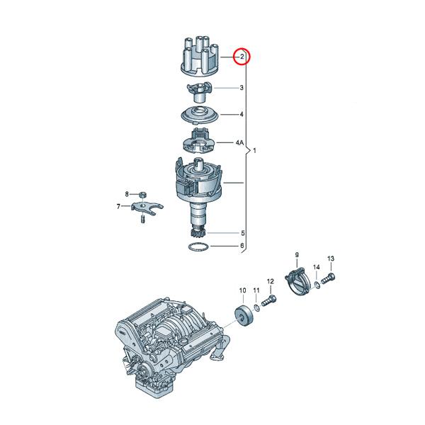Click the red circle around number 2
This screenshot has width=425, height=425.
pos(241,56)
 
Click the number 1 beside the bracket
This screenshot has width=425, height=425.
pos(254,152)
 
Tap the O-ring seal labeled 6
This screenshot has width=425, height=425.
pos(198,247)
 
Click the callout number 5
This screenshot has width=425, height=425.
pos(242,233)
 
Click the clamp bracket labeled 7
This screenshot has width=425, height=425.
pos(147,208)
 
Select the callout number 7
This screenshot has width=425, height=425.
pos(119,207)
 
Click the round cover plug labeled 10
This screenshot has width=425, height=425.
pos(243,316)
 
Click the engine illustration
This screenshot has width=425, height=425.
pos(170,347)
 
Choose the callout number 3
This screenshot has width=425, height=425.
pos(242,88)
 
